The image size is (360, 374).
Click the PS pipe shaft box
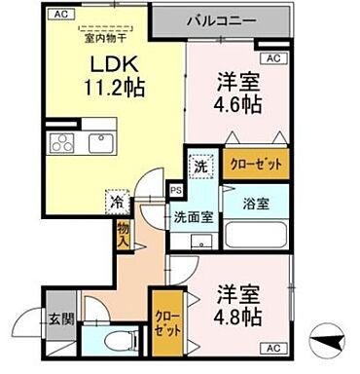click(176, 191)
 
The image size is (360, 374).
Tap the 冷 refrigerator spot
click(115, 206)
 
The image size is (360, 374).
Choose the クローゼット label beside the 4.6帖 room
click(255, 165)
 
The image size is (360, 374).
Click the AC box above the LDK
click(60, 15)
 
